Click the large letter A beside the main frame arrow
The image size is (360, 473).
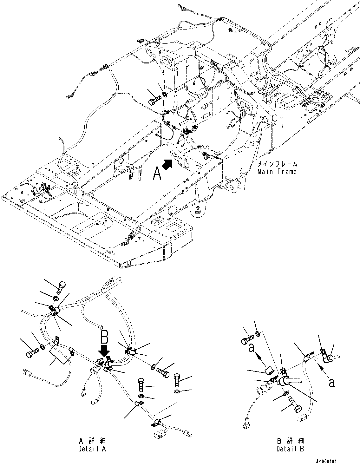pyautogui.click(x=157, y=173)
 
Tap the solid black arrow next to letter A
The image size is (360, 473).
pyautogui.click(x=168, y=164)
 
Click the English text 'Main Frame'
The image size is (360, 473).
pyautogui.click(x=277, y=172)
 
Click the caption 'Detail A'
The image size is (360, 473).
pyautogui.click(x=92, y=449)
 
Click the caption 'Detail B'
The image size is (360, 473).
pyautogui.click(x=290, y=449)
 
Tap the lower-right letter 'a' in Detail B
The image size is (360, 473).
pyautogui.click(x=331, y=383)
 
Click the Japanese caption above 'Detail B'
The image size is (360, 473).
pyautogui.click(x=290, y=441)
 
